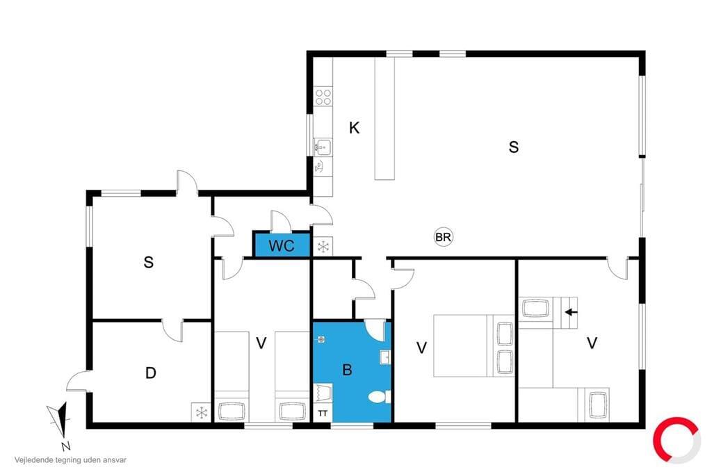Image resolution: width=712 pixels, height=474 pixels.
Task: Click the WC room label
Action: [282, 245]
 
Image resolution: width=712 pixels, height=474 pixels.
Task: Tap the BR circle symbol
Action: [443, 237]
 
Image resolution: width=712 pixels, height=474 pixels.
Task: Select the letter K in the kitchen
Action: [354, 128]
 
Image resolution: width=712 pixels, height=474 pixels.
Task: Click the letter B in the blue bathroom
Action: [348, 370]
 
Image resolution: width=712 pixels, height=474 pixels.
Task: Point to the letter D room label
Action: [151, 373]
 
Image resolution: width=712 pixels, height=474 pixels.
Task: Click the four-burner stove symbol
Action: [323, 97]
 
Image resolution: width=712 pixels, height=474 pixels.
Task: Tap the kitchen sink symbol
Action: [323, 147]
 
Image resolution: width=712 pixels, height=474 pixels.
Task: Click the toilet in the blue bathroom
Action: [379, 398]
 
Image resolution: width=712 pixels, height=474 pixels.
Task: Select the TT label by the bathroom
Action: [323, 413]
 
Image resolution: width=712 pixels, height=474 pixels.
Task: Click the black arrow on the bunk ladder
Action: [572, 312]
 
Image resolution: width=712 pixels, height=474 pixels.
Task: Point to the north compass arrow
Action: [60, 420]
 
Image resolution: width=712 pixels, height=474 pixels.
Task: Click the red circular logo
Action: [676, 440]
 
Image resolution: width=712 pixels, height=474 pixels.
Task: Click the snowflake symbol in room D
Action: [201, 413]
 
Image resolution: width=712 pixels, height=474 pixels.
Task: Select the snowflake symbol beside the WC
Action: [323, 247]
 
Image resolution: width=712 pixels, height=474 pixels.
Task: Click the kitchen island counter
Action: [385, 118]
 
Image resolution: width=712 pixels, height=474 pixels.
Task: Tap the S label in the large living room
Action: [514, 147]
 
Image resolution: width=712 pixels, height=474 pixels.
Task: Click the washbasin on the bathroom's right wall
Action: [385, 357]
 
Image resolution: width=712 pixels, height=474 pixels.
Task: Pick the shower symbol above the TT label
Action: [323, 393]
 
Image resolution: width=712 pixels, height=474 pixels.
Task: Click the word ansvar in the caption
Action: [114, 460]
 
